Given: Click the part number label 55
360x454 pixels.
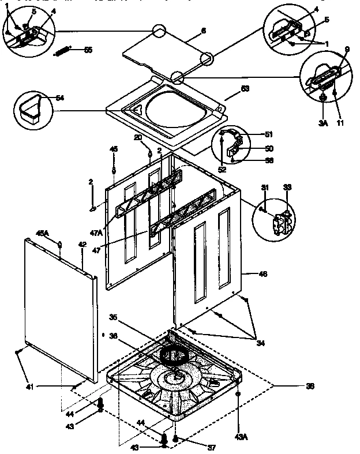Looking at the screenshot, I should point(88,50).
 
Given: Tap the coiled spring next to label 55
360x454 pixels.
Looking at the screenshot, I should point(64,51).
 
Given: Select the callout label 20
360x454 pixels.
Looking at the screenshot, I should point(138,137).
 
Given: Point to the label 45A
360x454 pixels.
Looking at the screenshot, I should point(43,233).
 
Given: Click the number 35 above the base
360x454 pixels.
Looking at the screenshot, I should point(113,317).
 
